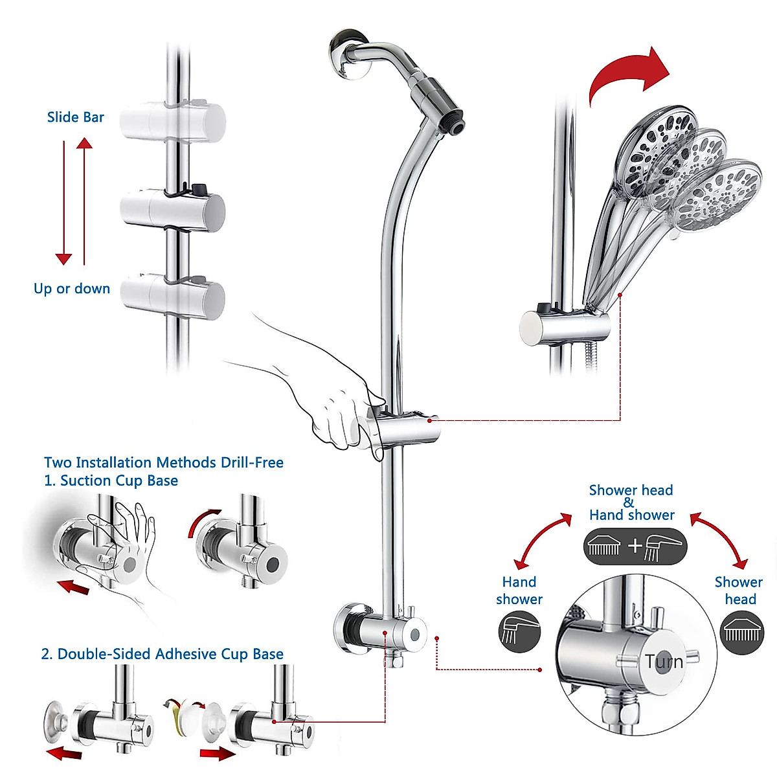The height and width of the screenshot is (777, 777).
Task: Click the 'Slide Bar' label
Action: [76, 117]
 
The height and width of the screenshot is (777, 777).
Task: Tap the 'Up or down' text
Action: [72, 289]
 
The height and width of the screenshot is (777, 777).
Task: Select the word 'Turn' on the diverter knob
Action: [664, 662]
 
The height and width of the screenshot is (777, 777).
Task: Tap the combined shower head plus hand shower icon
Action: [635, 546]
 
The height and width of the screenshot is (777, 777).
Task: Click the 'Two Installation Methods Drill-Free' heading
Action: [164, 462]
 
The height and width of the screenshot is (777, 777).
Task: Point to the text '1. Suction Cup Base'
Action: [111, 480]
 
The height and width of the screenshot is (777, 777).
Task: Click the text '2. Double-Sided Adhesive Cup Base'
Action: [162, 654]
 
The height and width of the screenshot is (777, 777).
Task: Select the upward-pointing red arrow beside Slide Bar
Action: [84, 201]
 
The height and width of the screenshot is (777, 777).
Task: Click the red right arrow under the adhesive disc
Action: [218, 754]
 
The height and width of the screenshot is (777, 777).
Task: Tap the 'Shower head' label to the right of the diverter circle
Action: [739, 591]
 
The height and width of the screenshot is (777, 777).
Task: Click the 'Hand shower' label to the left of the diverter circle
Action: [519, 591]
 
